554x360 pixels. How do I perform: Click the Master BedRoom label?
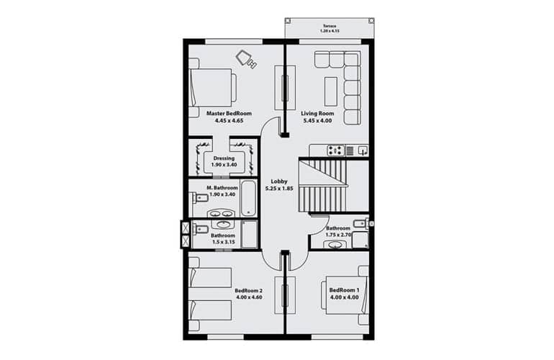point(229,114)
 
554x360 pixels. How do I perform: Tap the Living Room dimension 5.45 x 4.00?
point(317,120)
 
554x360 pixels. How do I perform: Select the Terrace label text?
point(330,26)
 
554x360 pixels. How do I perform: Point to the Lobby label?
point(279,181)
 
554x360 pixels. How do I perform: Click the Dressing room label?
point(224,158)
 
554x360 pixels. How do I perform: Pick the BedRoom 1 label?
point(344,290)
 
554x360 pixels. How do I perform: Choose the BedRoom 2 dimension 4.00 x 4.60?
point(249,297)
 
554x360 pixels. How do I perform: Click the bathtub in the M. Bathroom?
point(248,199)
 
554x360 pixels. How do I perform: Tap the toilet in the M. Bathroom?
point(199,197)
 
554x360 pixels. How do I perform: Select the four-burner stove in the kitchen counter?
point(335,150)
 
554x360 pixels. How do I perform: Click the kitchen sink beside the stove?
point(363,150)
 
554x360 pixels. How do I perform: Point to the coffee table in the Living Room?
point(331,91)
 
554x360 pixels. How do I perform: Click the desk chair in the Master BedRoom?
point(246,58)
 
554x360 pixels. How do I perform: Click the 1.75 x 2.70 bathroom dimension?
point(338,235)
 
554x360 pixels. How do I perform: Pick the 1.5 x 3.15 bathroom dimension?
point(223,242)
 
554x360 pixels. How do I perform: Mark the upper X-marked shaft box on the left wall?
point(186,228)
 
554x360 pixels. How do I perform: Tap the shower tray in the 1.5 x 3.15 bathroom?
point(250,235)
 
